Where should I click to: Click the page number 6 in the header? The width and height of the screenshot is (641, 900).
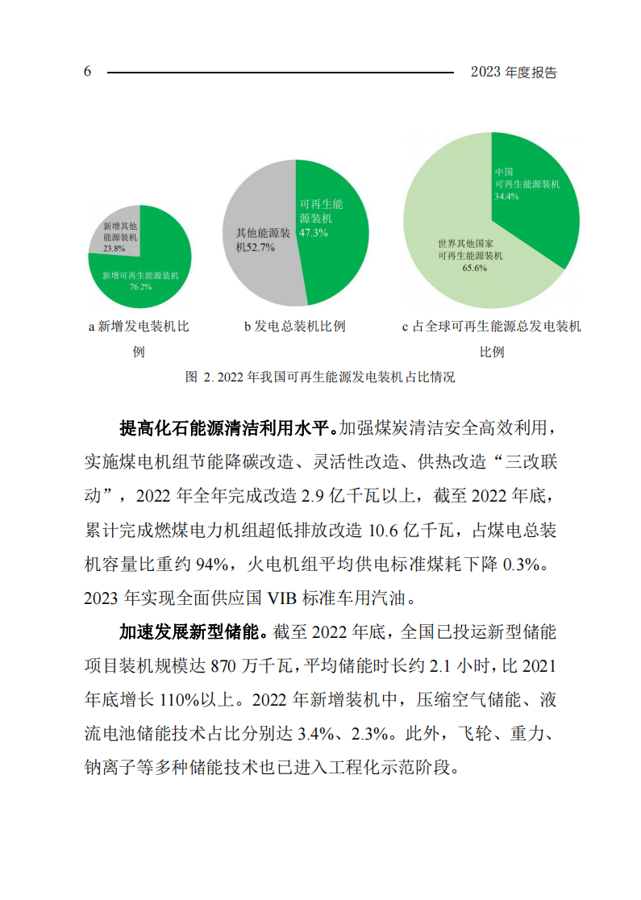point(87,72)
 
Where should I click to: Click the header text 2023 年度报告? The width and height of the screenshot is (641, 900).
point(514,72)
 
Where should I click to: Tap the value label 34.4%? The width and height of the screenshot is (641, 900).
point(506,196)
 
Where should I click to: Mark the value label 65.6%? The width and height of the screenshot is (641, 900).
point(473,269)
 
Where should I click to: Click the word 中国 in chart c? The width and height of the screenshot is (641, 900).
point(504,172)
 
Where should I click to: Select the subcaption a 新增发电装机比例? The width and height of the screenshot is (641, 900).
point(138,327)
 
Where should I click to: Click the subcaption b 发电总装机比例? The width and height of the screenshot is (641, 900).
point(294,327)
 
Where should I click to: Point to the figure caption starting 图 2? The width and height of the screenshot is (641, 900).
point(320,377)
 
